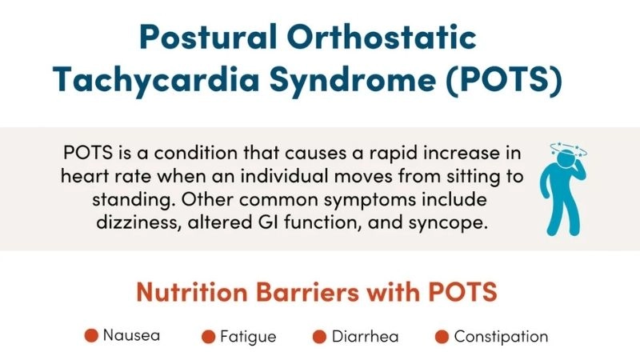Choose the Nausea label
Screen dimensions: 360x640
(131, 335)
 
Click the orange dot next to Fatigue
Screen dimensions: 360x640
(210, 337)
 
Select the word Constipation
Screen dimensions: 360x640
(501, 337)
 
